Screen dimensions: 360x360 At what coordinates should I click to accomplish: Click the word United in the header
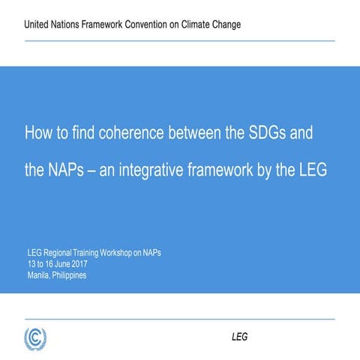pyautogui.click(x=39, y=25)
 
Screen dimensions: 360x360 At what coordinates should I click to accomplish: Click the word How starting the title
pyautogui.click(x=38, y=133)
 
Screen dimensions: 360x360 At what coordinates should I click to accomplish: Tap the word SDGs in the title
pyautogui.click(x=268, y=133)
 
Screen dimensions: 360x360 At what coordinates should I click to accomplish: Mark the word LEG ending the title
pyautogui.click(x=312, y=170)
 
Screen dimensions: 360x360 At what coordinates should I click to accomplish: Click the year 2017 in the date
pyautogui.click(x=78, y=264)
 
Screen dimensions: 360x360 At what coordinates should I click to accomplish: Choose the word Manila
pyautogui.click(x=39, y=275)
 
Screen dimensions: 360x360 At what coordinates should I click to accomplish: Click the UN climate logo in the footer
pyautogui.click(x=35, y=337)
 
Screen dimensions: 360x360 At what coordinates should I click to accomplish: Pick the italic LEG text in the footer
pyautogui.click(x=239, y=337)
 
